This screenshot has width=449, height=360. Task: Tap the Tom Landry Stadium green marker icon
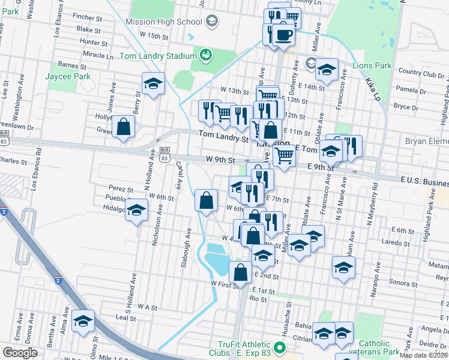tap(206, 55)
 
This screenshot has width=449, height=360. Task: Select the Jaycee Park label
tap(67, 76)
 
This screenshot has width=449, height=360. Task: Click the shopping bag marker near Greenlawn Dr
tap(123, 127)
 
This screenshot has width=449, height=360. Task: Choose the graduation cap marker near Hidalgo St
tap(137, 211)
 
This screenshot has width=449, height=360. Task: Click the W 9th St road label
tap(218, 160)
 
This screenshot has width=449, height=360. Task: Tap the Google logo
tap(20, 352)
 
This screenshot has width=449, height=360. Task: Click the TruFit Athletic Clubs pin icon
tap(278, 347)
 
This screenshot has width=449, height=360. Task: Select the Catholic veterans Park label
tap(379, 347)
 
